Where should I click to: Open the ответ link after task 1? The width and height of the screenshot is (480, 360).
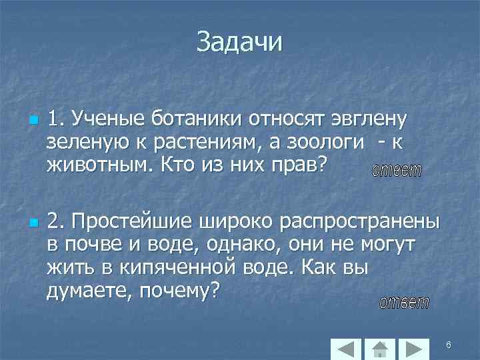click(x=396, y=170)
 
